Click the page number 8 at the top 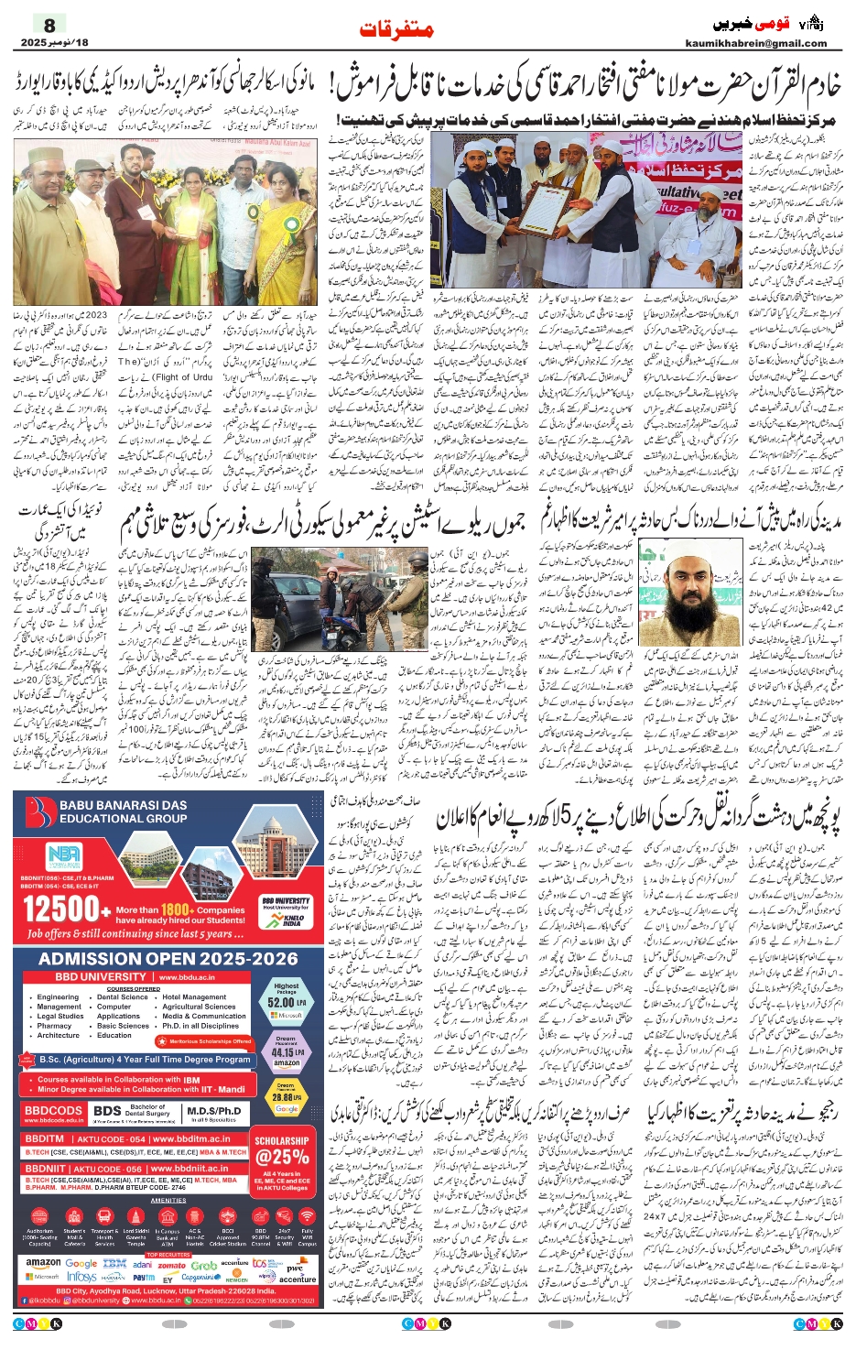tap(49, 25)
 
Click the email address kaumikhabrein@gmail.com tap(755, 43)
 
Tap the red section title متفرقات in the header tap(396, 29)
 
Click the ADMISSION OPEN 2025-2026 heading tap(168, 958)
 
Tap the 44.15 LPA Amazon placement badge tap(286, 1051)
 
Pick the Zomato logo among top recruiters tap(171, 1265)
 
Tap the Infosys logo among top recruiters tap(81, 1276)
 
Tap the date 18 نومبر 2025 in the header tap(55, 43)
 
